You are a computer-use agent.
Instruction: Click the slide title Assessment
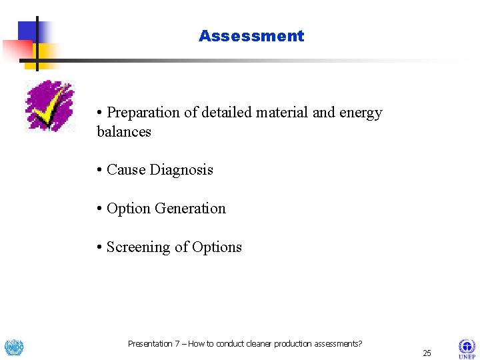(251, 36)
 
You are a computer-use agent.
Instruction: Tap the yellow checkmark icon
(49, 106)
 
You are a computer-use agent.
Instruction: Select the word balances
(124, 131)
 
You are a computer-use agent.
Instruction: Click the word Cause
(127, 170)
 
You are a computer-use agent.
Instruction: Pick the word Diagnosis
(182, 170)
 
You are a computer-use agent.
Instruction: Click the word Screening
(139, 247)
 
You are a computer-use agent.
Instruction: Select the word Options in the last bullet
(217, 247)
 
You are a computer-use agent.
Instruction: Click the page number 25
(427, 353)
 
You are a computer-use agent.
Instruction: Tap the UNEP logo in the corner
(466, 347)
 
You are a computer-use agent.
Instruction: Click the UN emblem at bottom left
(14, 347)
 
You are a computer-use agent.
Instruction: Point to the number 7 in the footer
(177, 344)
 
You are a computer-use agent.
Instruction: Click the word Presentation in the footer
(149, 344)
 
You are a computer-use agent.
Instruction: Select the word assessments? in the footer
(335, 344)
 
